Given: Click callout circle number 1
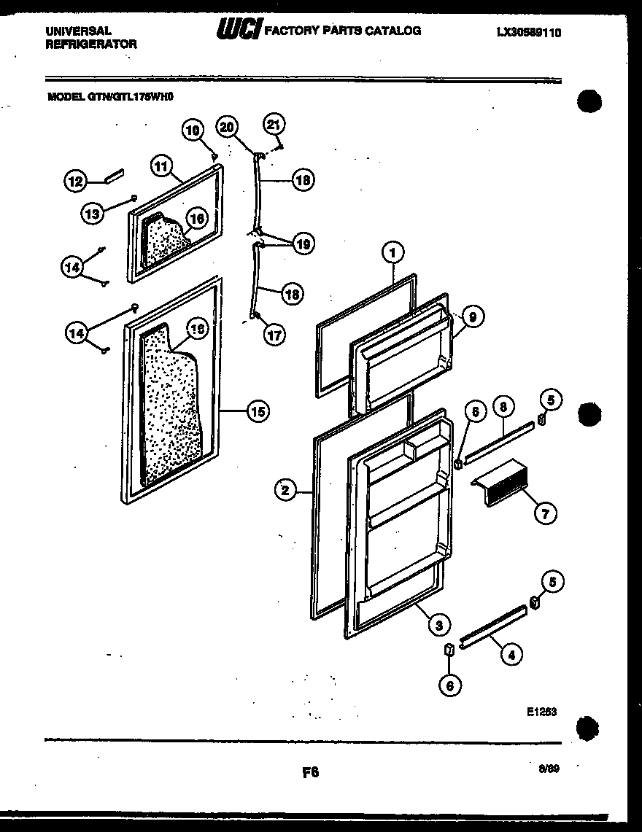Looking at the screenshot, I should click(x=392, y=253).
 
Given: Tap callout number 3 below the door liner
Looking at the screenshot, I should click(x=438, y=624).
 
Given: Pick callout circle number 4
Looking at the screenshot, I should click(x=511, y=655).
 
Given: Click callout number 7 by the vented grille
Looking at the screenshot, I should click(x=544, y=514).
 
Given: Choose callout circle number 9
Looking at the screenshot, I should click(x=472, y=316).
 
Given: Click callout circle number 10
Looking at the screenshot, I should click(x=192, y=131).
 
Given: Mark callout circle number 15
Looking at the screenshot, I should click(x=257, y=412).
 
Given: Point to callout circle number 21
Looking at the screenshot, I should click(x=273, y=125).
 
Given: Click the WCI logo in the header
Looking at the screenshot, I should click(x=239, y=29).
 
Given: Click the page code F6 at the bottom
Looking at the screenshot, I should click(x=310, y=771).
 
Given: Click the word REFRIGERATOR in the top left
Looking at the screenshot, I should click(x=91, y=44).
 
